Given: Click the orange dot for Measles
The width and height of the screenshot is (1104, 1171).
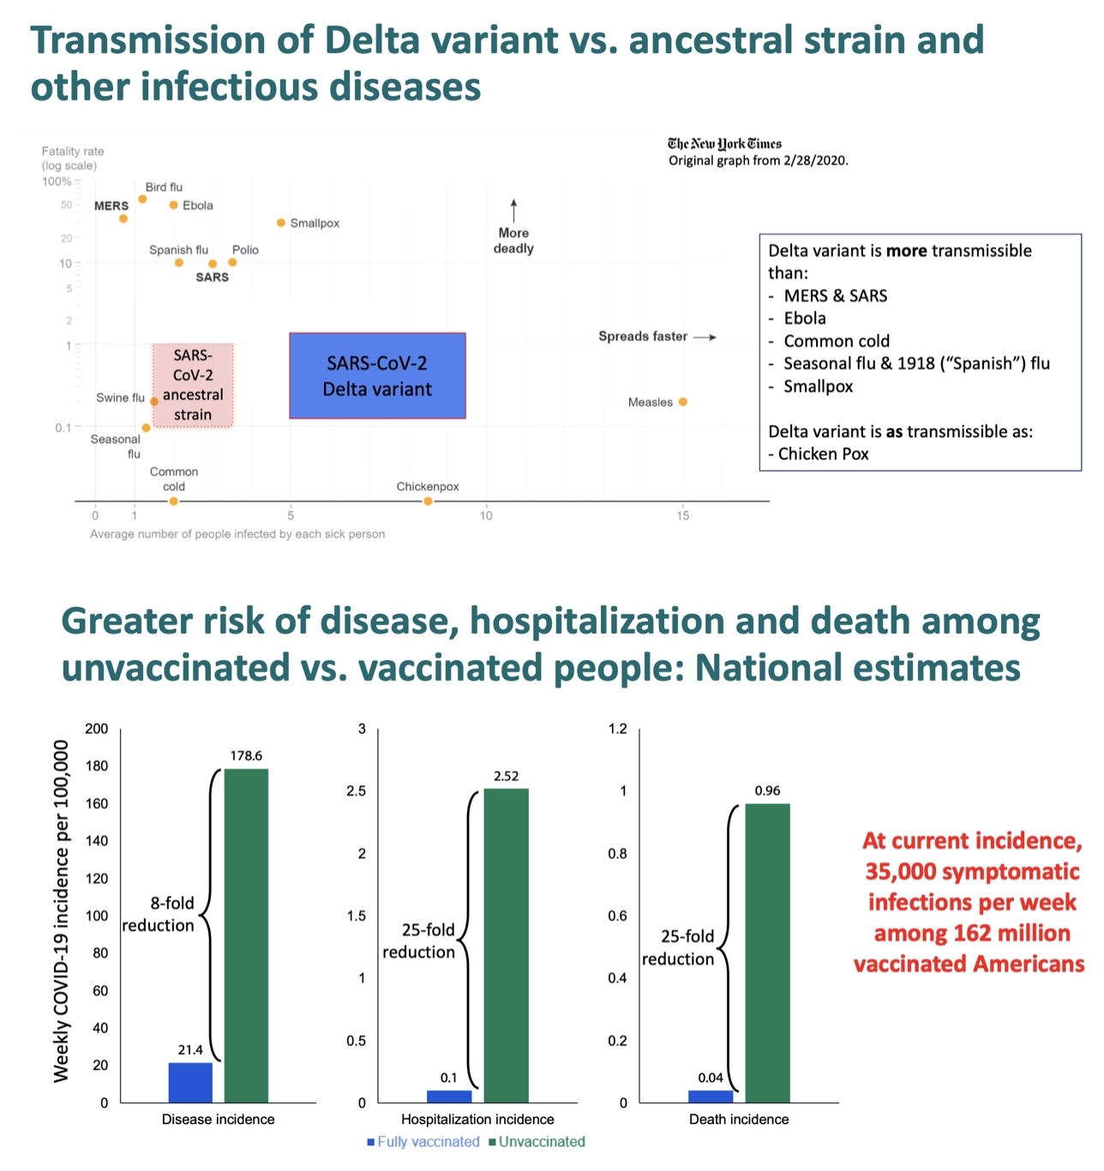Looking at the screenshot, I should (x=683, y=402).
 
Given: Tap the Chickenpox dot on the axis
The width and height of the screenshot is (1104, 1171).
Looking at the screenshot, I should (x=428, y=501).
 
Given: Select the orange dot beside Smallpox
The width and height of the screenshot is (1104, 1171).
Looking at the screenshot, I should (x=281, y=223).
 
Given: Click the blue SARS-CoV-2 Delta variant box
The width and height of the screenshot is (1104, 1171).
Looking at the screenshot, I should (x=377, y=375).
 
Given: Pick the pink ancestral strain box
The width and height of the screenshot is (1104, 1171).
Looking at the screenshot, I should (x=193, y=384).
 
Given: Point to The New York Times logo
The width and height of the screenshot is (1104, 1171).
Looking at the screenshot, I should (x=724, y=143).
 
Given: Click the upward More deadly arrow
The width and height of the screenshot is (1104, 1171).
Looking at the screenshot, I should (x=513, y=211).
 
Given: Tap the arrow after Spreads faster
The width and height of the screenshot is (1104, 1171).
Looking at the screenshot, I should (x=705, y=337).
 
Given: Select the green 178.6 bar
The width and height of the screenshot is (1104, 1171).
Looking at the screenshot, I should (x=246, y=934).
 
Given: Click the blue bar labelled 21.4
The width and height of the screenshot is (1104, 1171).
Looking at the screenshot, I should (x=190, y=1082).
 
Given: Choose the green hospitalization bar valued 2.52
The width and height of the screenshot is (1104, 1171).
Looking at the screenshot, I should (x=506, y=945).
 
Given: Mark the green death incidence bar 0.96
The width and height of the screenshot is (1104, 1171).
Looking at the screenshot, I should (x=767, y=952).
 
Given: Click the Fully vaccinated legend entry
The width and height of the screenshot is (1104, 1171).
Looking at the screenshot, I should (x=423, y=1142).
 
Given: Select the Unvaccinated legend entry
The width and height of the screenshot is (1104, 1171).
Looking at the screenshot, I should (x=537, y=1142).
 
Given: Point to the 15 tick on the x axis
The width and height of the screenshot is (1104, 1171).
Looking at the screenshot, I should (x=683, y=515).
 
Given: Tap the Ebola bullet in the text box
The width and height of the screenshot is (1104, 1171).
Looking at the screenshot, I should (x=804, y=318).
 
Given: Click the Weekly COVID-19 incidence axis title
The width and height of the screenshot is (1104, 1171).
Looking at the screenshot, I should (x=61, y=910).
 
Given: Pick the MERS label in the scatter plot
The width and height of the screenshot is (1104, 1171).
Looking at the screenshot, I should (x=111, y=206).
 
